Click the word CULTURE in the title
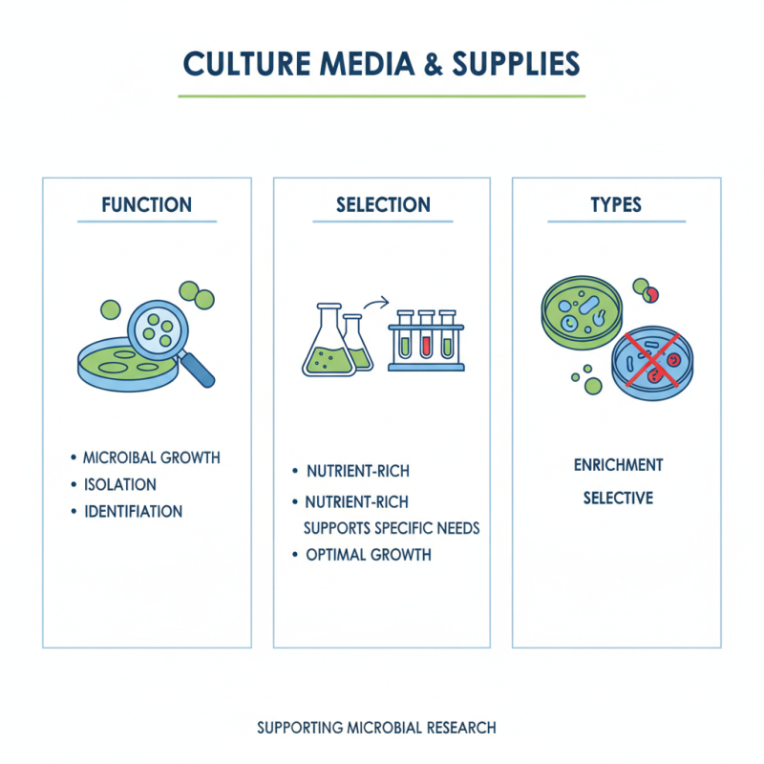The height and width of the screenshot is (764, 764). tap(247, 64)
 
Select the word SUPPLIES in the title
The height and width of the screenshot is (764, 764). tap(517, 64)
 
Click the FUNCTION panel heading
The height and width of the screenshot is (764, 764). tap(147, 204)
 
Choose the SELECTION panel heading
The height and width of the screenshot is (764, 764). tap(384, 204)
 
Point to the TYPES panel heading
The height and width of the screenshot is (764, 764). tap(616, 204)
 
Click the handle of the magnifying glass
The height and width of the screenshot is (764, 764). tap(197, 370)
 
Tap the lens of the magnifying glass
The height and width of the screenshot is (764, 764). tap(158, 330)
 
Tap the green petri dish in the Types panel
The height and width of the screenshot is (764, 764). tap(582, 312)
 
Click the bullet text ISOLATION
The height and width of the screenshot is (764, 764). tap(120, 484)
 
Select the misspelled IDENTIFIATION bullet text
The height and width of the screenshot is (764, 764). tap(133, 511)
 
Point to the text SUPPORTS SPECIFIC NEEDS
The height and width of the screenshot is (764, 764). tap(392, 528)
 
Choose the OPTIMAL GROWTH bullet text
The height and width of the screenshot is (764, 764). tap(369, 555)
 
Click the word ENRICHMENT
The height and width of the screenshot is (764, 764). tap(618, 465)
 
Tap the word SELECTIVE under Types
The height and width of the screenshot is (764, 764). tap(618, 498)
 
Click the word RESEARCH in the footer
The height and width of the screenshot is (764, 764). tap(461, 728)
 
